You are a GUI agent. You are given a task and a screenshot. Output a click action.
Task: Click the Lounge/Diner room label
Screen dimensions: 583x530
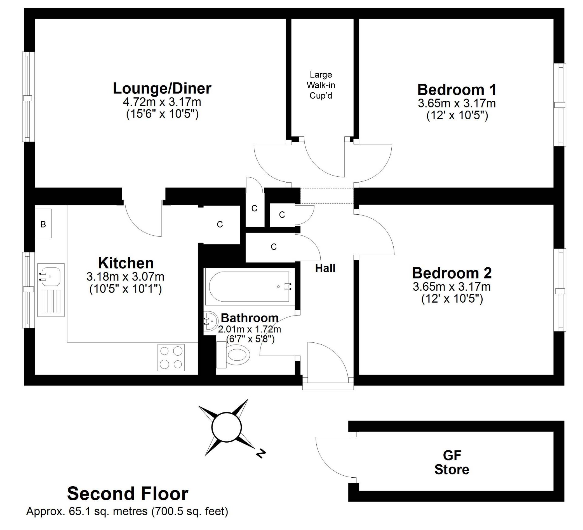pyautogui.click(x=162, y=88)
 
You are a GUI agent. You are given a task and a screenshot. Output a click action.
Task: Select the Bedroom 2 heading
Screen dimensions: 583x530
pyautogui.click(x=452, y=273)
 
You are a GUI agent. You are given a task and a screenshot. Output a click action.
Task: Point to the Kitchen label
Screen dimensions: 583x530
pyautogui.click(x=126, y=263)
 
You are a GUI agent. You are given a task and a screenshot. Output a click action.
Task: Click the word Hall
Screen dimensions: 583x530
pyautogui.click(x=325, y=268)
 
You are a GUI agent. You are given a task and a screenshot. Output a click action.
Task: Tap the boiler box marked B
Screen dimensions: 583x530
pyautogui.click(x=43, y=223)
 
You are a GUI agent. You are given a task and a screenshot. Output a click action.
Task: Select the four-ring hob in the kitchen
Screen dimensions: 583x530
pyautogui.click(x=171, y=358)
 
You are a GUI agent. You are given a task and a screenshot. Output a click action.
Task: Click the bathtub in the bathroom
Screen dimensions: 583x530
pyautogui.click(x=249, y=287)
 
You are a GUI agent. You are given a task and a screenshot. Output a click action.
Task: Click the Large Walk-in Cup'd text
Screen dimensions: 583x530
pyautogui.click(x=321, y=85)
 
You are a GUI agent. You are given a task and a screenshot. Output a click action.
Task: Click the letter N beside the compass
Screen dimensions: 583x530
pyautogui.click(x=261, y=453)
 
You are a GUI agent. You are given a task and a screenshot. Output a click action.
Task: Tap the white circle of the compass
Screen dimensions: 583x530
pyautogui.click(x=226, y=427)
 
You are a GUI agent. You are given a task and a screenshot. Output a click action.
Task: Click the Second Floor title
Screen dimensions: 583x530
pyautogui.click(x=128, y=494)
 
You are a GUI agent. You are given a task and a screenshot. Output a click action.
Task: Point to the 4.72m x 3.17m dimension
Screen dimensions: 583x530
pyautogui.click(x=162, y=102)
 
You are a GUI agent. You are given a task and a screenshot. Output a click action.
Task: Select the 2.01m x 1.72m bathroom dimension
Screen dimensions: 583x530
pyautogui.click(x=249, y=329)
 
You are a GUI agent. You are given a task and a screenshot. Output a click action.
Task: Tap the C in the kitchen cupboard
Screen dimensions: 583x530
pyautogui.click(x=220, y=224)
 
